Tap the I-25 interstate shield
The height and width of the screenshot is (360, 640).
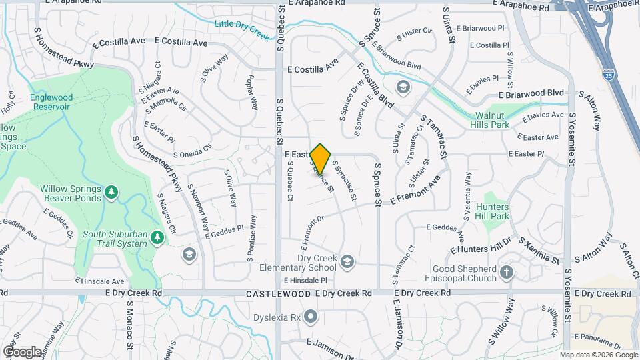(x=607, y=75)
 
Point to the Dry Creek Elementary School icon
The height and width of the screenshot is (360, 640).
(x=347, y=261)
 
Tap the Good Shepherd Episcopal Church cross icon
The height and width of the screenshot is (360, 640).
(x=507, y=271)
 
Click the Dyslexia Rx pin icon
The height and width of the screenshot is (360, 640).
(x=311, y=315)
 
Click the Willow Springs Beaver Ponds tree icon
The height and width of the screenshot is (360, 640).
(x=112, y=193)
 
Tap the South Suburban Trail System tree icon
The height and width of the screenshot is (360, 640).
(x=157, y=237)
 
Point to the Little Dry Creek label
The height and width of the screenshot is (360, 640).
(x=241, y=29)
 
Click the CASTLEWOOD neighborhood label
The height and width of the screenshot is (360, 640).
(x=278, y=293)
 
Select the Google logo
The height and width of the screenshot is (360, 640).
(x=22, y=351)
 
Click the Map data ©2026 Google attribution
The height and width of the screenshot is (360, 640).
(x=599, y=355)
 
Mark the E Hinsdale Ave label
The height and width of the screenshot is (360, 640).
(x=100, y=281)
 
